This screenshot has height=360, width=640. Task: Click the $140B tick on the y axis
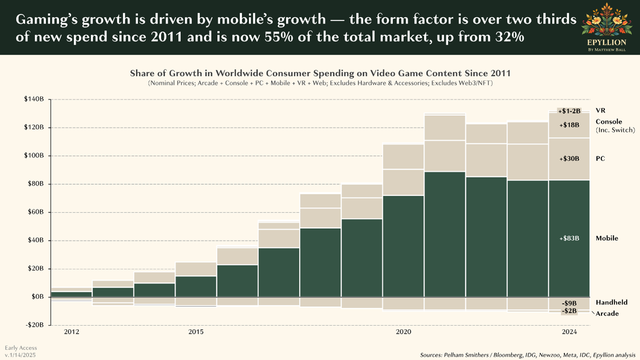pos(35,99)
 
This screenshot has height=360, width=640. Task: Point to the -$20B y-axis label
pos(35,325)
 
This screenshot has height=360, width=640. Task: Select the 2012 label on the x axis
pos(71,332)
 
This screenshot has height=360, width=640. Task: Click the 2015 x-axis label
pos(196,332)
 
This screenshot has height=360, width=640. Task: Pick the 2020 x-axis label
pos(403,332)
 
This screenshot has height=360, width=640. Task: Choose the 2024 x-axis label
pos(569,332)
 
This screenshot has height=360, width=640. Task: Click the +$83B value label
pos(569,238)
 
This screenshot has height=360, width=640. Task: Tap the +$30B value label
pos(569,159)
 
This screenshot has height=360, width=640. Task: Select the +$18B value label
pos(569,125)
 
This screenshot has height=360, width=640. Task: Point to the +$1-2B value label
pos(569,111)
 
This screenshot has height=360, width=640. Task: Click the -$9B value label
pos(569,303)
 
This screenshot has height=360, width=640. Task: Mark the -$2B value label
pos(569,311)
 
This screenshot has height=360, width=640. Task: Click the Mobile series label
pos(607,238)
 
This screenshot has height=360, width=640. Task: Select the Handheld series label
pos(612,302)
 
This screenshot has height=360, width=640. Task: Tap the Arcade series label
pos(608,314)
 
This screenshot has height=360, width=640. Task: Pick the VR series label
pos(600,111)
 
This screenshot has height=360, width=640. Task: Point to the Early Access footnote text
pos(21,348)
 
